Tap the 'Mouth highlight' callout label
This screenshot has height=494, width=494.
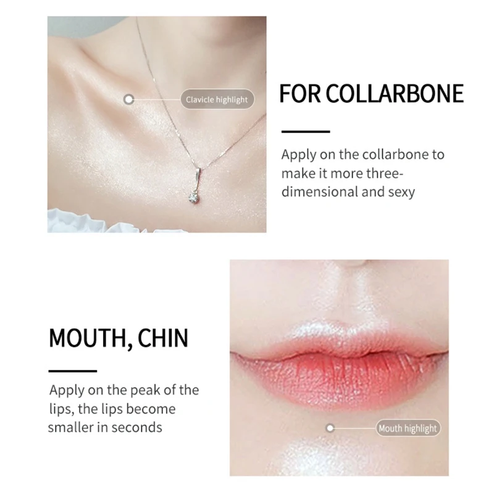[x=407, y=428]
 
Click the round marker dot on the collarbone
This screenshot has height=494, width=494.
[x=128, y=99]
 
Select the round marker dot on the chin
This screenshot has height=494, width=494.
[x=330, y=428]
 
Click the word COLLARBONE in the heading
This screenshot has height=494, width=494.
[x=395, y=94]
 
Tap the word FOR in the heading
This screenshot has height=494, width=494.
[x=299, y=94]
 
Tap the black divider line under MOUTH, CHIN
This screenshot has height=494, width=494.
[x=72, y=371]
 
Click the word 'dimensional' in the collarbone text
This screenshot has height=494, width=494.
[x=316, y=191]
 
